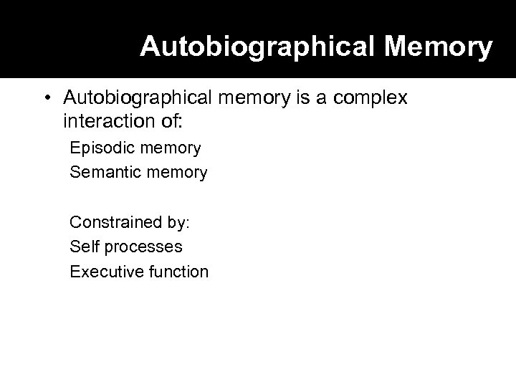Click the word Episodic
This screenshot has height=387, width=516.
(x=97, y=148)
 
